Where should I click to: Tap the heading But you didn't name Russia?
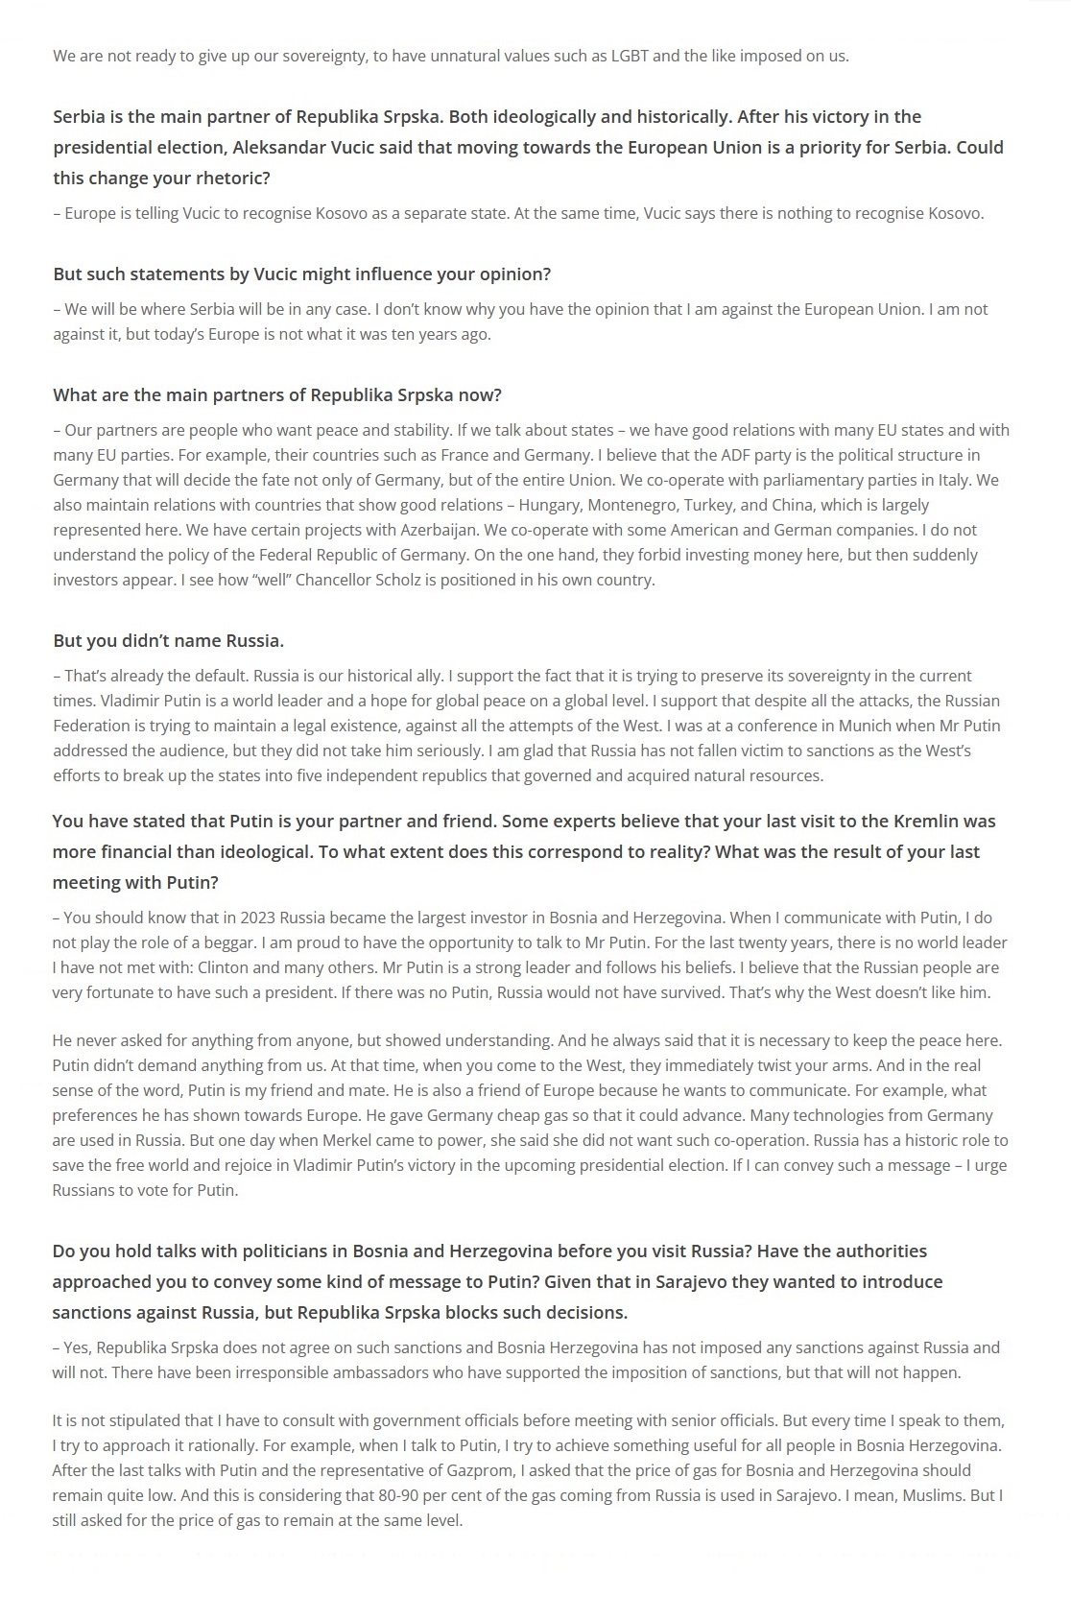pyautogui.click(x=168, y=640)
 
